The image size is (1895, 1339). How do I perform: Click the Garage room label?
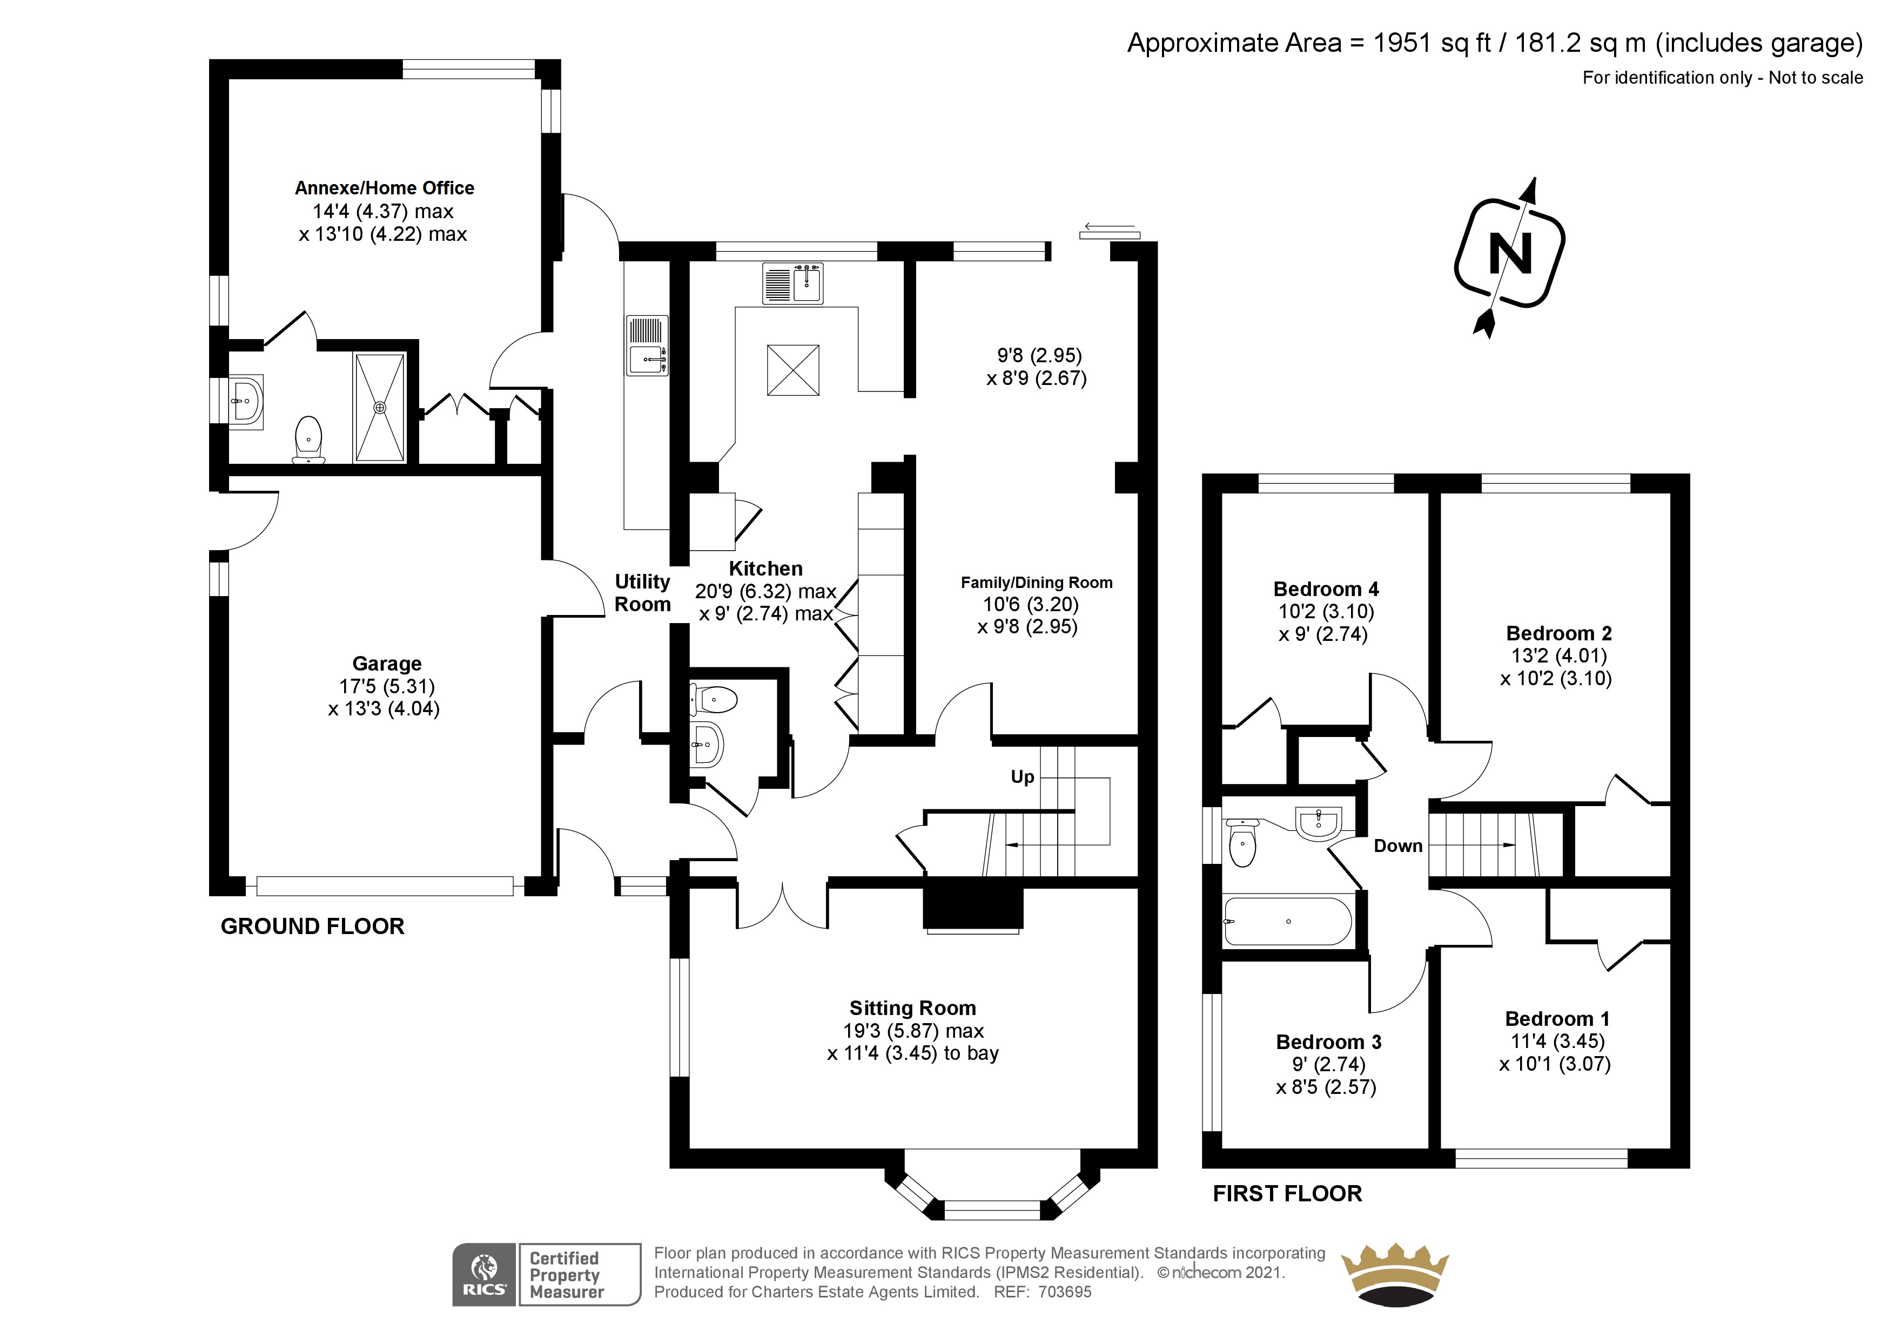tap(387, 664)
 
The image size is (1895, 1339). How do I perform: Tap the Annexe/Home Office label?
tap(385, 188)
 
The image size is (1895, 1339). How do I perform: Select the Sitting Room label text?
tap(913, 1008)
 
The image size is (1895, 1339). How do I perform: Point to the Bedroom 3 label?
tap(1329, 1042)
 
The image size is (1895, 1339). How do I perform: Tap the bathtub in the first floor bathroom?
tap(1287, 921)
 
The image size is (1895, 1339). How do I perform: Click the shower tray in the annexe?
tap(380, 407)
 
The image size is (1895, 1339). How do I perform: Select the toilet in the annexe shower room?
tap(308, 439)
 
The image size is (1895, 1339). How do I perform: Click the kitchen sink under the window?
tap(793, 283)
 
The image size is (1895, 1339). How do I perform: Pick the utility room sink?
tap(647, 346)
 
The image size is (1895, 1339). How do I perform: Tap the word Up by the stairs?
tap(1023, 777)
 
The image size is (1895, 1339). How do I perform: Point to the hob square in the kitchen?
tap(793, 370)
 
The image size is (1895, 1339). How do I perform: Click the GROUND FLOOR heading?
tap(313, 927)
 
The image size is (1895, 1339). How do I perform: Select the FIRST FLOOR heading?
tap(1287, 1194)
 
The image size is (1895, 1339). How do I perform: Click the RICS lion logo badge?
tap(485, 1275)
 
